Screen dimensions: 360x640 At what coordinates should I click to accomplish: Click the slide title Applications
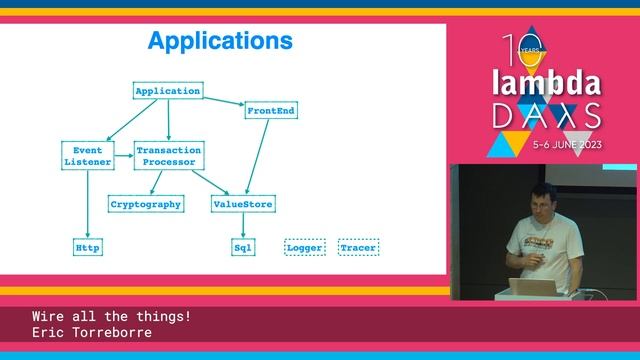pos(220,41)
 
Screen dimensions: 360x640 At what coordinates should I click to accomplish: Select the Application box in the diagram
pos(168,91)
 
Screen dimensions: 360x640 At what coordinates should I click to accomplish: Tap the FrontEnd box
pos(271,111)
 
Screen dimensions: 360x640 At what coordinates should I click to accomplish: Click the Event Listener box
pos(88,156)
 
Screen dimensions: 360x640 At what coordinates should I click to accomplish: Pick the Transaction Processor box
pos(169,156)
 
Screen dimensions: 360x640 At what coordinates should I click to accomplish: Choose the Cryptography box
pos(146,204)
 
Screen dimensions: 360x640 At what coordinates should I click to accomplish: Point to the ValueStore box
pos(243,204)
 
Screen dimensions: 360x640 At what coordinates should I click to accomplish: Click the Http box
pos(88,246)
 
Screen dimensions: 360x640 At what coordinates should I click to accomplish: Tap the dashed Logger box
pos(306,246)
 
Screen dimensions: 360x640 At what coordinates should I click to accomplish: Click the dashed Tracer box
pos(359,246)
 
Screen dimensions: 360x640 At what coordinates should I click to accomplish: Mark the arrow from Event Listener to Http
pos(88,205)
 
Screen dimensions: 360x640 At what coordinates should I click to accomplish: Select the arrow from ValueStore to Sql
pos(243,225)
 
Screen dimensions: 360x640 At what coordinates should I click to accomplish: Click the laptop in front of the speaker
pos(530,288)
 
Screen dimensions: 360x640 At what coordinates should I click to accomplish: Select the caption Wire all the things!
pos(111,317)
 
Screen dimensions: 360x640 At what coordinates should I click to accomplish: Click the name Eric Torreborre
pos(92,332)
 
